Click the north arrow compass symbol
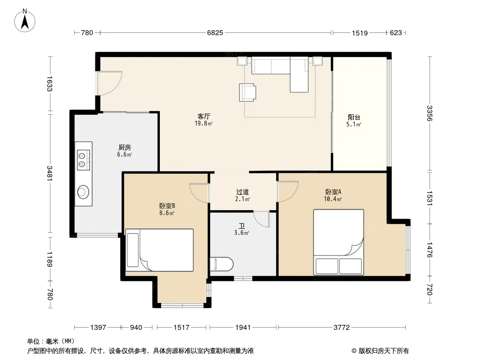click(25, 21)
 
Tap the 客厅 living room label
click(204, 116)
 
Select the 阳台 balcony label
click(354, 117)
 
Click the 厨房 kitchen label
click(125, 148)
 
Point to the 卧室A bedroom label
click(333, 192)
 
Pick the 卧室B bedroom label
click(167, 206)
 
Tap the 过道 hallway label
click(242, 192)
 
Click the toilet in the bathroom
click(222, 264)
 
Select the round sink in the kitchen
click(83, 192)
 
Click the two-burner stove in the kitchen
click(83, 160)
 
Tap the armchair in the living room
click(247, 92)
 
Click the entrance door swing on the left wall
click(109, 83)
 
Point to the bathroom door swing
click(262, 219)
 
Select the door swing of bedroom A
click(288, 191)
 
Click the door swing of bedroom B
click(199, 193)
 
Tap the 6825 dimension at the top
click(215, 33)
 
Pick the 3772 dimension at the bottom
click(342, 327)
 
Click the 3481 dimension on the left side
click(50, 173)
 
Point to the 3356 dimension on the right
click(430, 113)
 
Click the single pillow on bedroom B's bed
click(133, 250)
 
